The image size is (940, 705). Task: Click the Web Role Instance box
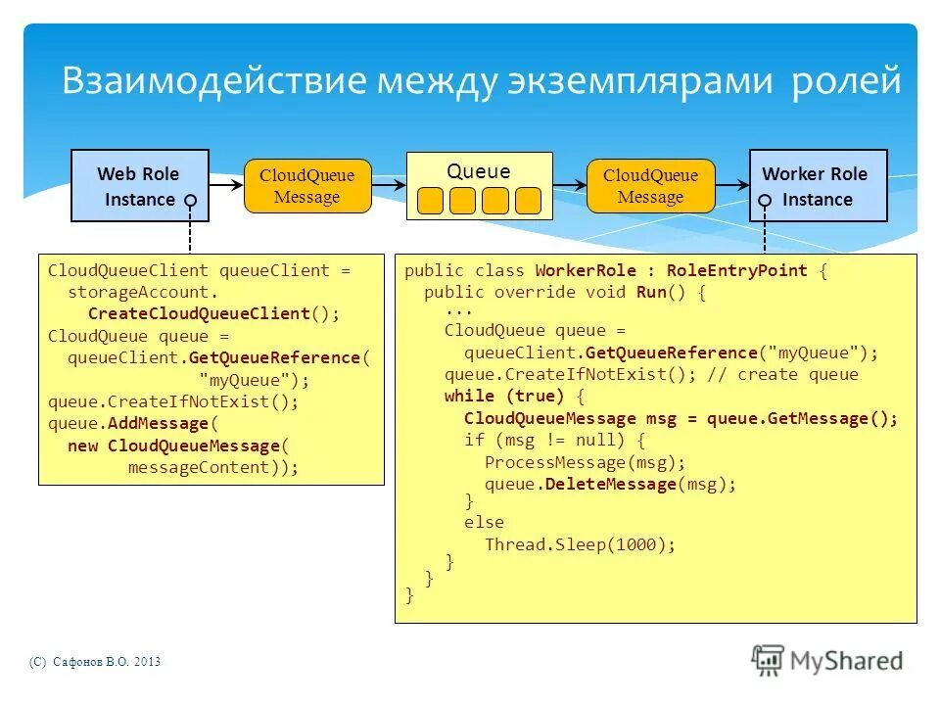pyautogui.click(x=139, y=185)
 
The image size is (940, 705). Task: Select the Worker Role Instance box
pyautogui.click(x=818, y=185)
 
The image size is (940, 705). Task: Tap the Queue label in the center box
pyautogui.click(x=479, y=171)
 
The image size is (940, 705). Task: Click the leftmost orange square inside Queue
pyautogui.click(x=430, y=200)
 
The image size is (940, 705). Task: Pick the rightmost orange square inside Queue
pyautogui.click(x=528, y=200)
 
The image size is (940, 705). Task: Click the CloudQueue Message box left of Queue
pyautogui.click(x=306, y=186)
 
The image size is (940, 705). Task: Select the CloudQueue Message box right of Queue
pyautogui.click(x=650, y=186)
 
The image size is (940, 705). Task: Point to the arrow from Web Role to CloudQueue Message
pyautogui.click(x=226, y=184)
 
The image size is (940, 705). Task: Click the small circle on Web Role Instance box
pyautogui.click(x=191, y=200)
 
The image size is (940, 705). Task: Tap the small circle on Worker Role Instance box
pyautogui.click(x=766, y=200)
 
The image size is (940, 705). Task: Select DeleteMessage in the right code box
pyautogui.click(x=611, y=484)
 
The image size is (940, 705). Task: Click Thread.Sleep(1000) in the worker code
pyautogui.click(x=580, y=544)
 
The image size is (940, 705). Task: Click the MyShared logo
pyautogui.click(x=827, y=660)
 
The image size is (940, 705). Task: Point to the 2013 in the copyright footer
pyautogui.click(x=147, y=663)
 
